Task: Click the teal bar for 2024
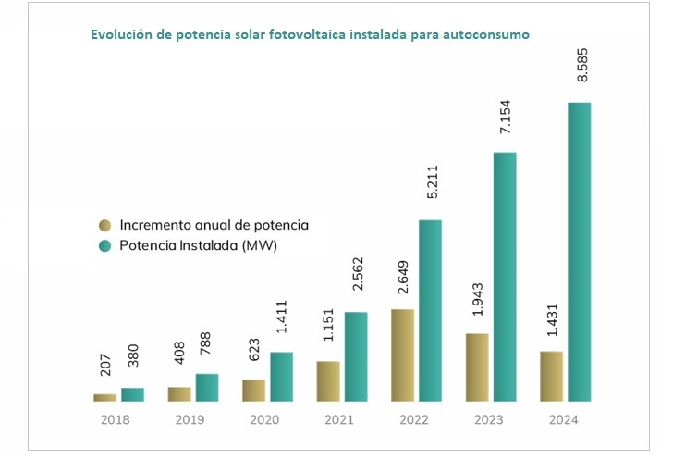579,252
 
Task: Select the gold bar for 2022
402,355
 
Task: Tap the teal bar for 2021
356,356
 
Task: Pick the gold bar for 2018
105,397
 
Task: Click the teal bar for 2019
207,387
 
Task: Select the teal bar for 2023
505,277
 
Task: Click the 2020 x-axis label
265,419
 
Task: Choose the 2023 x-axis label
489,419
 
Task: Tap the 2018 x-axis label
116,419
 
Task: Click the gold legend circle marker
104,226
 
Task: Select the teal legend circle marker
104,246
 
